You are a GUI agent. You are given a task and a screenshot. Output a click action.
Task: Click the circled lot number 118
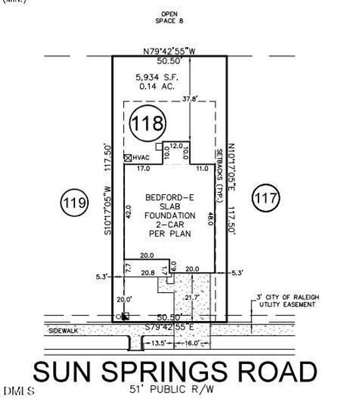point(148,123)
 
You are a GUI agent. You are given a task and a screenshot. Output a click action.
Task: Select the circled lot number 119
point(74,202)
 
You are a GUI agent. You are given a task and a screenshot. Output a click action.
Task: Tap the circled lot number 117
point(266,199)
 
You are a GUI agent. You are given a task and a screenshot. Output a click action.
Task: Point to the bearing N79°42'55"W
point(168,51)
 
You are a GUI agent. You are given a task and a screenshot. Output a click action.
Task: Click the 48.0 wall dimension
point(210,219)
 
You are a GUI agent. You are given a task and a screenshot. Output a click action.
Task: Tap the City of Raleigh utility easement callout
point(286,301)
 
